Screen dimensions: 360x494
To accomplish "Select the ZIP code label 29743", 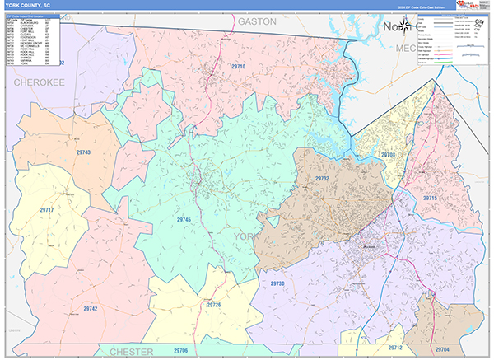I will [82, 153].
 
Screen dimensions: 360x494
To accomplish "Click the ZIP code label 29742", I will [91, 308].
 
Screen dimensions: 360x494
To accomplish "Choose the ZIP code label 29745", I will [183, 220].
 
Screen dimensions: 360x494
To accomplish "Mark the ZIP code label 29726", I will [214, 305].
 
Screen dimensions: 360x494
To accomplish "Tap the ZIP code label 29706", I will [180, 351].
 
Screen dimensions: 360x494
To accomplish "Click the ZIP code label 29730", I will [277, 283].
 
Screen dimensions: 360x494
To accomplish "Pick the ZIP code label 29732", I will [322, 177].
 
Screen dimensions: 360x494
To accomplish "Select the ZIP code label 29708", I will [389, 154].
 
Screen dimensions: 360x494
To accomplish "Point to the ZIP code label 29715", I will [430, 199].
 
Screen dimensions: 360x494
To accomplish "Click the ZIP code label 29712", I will [396, 348].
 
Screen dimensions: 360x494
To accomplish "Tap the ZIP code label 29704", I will [442, 349].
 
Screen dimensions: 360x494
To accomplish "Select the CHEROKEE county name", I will [38, 83].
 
